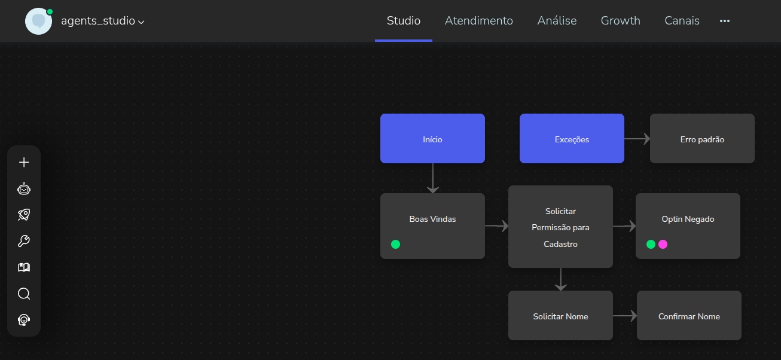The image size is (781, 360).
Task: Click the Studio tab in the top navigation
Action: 404,21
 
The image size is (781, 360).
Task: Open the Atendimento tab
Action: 479,21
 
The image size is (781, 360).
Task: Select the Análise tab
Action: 557,21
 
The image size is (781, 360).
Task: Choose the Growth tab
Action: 620,21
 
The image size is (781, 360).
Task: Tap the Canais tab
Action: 682,21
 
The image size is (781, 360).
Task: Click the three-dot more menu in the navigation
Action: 725,21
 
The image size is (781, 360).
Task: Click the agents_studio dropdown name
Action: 102,21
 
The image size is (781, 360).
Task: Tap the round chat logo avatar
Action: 38,21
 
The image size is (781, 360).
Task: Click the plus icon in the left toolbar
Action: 24,162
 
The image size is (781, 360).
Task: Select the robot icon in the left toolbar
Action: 24,189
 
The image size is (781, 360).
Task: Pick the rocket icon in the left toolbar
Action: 24,215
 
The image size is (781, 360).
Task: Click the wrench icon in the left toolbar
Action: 24,241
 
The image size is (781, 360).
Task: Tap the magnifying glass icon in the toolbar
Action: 24,294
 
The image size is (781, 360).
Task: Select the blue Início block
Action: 432,139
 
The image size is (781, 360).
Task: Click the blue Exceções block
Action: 572,139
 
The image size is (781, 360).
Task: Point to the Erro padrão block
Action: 702,139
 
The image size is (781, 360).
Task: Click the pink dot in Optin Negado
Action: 663,244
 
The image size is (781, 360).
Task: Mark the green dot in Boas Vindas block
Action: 395,244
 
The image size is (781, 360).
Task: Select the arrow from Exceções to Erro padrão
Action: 637,139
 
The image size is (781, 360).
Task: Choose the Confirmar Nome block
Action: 689,316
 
